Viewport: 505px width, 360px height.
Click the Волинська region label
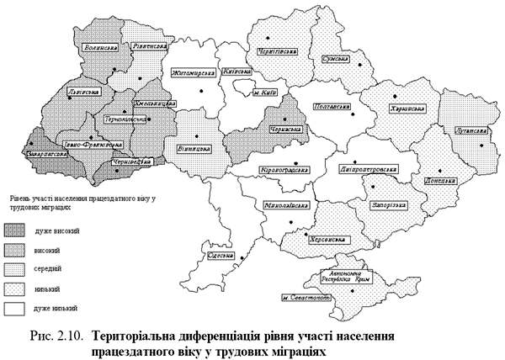pos(102,50)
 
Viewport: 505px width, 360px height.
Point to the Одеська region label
pos(218,255)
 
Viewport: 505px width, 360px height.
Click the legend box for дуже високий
pos(15,230)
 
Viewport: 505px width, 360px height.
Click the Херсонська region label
pos(329,239)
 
